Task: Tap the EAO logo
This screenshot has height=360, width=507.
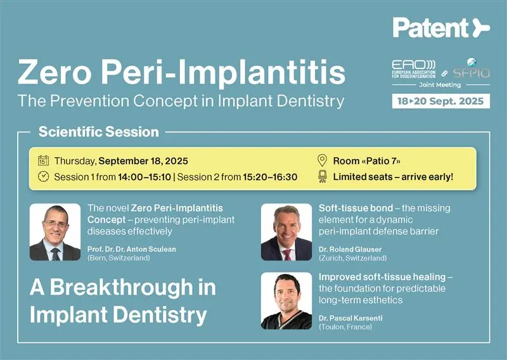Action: point(414,69)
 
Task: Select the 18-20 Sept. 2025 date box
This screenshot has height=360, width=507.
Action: point(440,101)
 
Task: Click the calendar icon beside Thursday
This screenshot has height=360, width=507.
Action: point(43,160)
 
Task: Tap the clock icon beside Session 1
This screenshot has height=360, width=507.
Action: point(43,176)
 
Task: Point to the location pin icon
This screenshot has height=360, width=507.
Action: point(322,160)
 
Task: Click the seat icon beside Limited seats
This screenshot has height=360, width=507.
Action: point(322,177)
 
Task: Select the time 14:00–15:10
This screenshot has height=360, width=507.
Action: point(144,177)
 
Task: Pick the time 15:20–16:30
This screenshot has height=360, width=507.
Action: point(270,177)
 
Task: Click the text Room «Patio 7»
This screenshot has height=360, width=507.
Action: point(367,161)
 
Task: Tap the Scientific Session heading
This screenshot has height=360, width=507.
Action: point(99,132)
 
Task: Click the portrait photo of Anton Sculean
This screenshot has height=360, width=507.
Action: point(55,232)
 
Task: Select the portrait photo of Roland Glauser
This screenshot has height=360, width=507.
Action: point(286,232)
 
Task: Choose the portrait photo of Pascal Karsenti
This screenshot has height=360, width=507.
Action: point(286,301)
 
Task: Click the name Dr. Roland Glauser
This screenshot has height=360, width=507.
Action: point(350,249)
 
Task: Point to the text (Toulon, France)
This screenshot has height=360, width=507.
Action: point(345,326)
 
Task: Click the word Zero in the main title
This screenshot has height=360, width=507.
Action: point(55,72)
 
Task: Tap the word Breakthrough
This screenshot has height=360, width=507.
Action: point(121,287)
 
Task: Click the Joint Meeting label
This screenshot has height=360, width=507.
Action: point(440,85)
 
